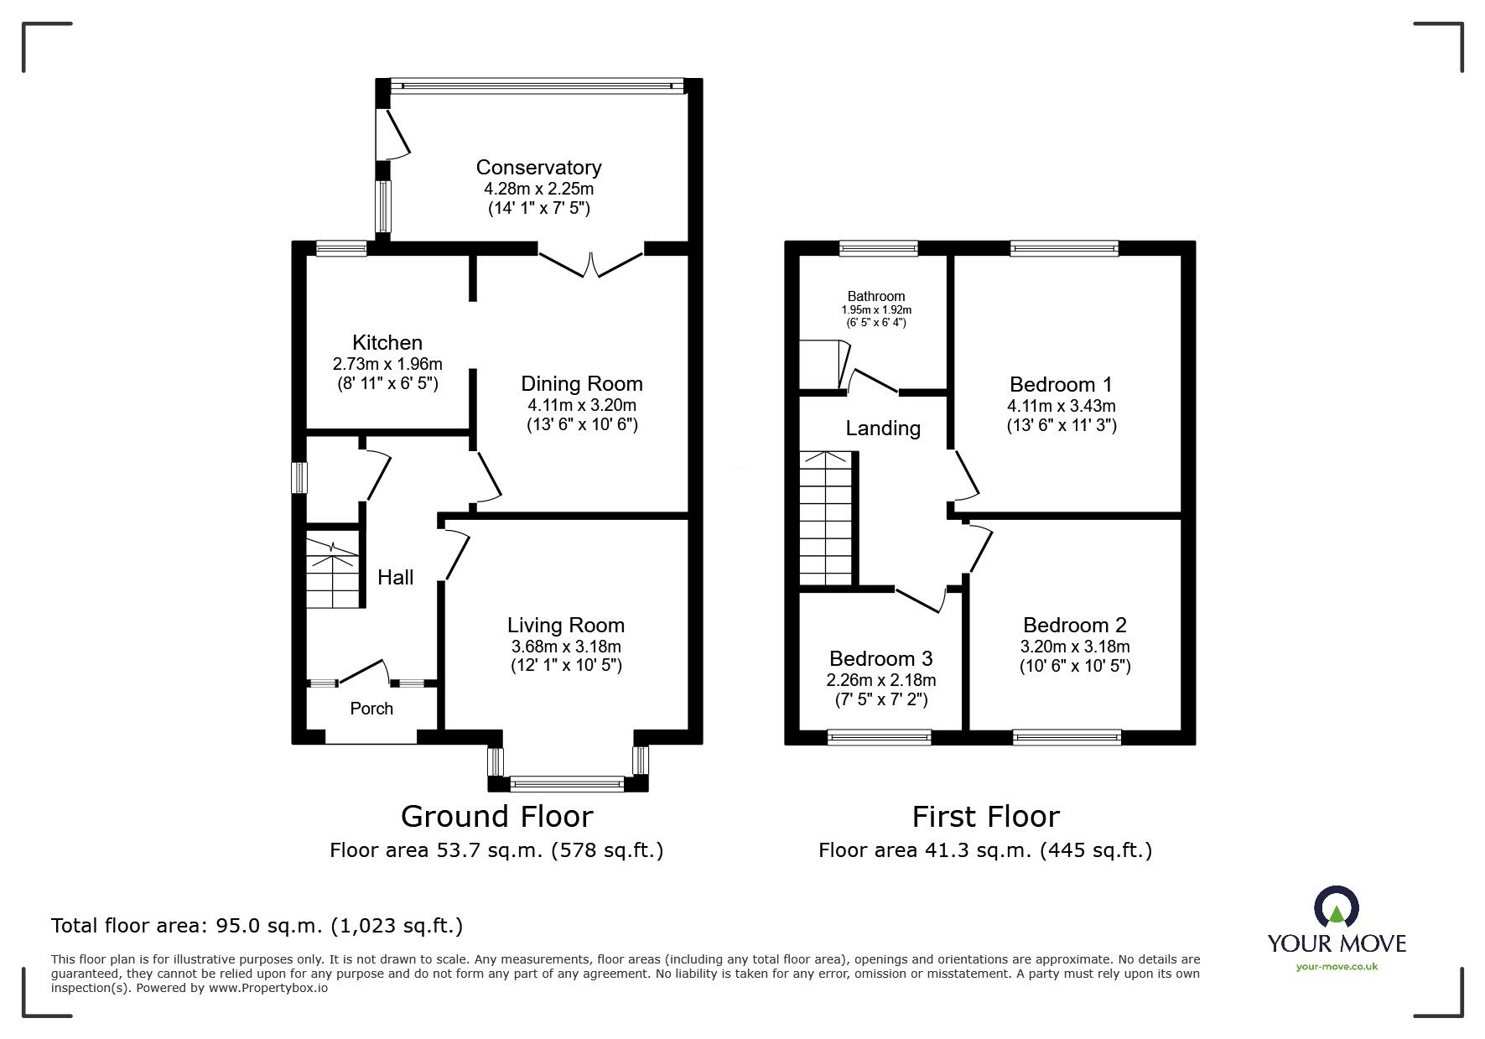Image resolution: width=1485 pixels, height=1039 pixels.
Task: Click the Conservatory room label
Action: [538, 167]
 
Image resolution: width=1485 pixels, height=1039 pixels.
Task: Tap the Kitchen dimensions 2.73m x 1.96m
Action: [387, 364]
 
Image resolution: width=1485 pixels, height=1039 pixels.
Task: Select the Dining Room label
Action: [582, 384]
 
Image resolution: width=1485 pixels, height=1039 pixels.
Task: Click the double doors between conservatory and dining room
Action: [590, 262]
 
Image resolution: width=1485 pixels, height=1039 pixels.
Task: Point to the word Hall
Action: [395, 577]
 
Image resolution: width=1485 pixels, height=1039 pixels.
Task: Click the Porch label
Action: [371, 709]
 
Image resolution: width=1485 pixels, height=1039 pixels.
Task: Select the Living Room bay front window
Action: [567, 784]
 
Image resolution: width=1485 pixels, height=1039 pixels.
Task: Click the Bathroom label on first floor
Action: [876, 296]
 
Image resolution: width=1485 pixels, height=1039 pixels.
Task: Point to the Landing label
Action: [883, 429]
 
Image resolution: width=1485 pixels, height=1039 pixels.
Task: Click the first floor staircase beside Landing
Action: [827, 518]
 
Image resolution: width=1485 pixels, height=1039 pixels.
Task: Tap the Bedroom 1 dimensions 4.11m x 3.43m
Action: [1062, 406]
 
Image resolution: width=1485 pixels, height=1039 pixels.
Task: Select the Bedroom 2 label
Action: [1075, 625]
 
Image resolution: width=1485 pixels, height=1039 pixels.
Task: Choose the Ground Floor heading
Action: [496, 816]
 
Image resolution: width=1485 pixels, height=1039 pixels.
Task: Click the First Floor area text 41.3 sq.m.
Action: [985, 850]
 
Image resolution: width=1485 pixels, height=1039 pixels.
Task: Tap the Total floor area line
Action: [257, 926]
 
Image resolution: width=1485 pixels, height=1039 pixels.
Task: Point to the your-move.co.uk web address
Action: [1337, 967]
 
